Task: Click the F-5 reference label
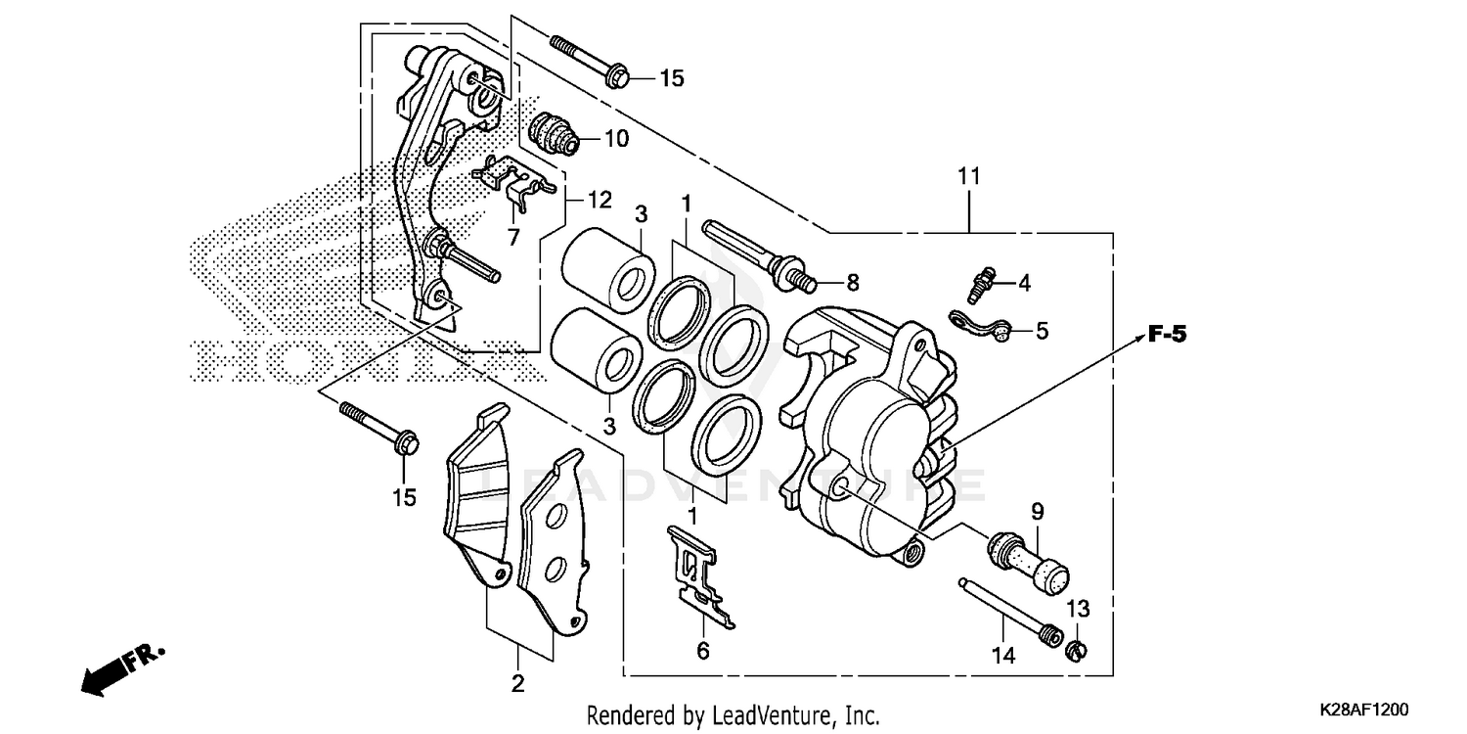[x=1167, y=335]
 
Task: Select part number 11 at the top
[x=968, y=177]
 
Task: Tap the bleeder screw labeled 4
[x=980, y=283]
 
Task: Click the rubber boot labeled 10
[x=555, y=135]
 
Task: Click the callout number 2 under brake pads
[x=517, y=683]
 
